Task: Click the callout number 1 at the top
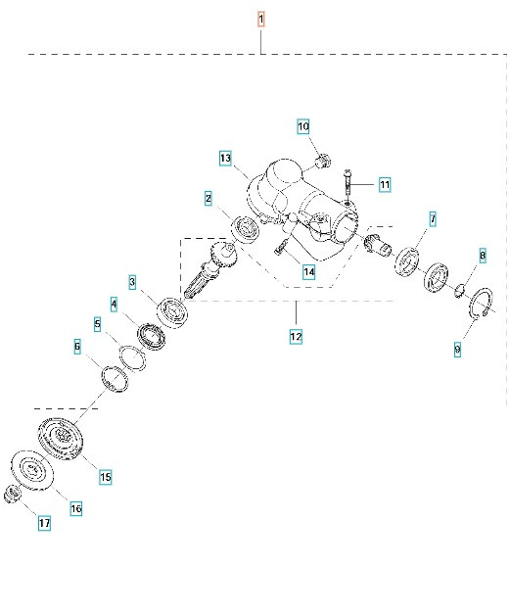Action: click(x=260, y=19)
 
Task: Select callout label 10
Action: click(x=303, y=126)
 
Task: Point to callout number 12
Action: click(x=295, y=336)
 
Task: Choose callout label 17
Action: click(x=44, y=524)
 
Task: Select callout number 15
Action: click(x=105, y=477)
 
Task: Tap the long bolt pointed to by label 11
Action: click(x=348, y=185)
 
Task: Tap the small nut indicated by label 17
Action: click(x=14, y=494)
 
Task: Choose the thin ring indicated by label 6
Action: click(x=116, y=376)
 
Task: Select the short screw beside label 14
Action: click(x=279, y=249)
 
